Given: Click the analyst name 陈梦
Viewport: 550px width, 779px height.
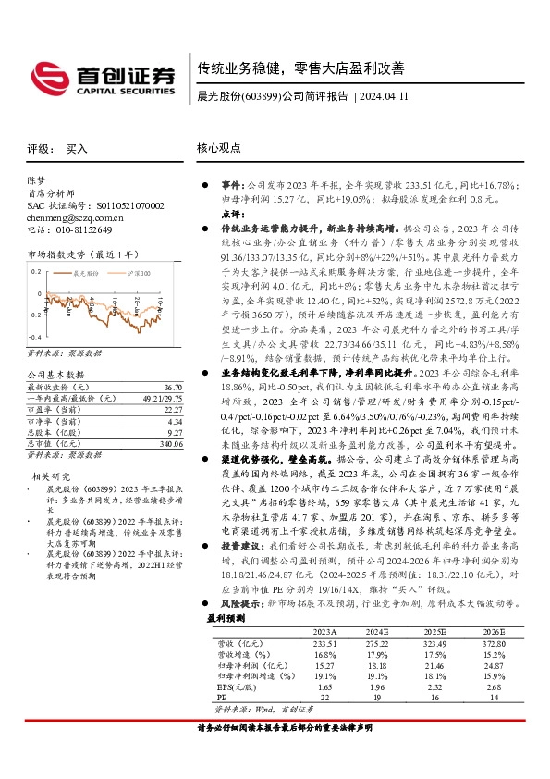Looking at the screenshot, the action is (36, 181).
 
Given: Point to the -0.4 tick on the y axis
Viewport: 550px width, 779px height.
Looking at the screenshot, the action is (34, 339).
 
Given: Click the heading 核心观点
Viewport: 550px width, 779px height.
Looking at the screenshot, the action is (219, 148).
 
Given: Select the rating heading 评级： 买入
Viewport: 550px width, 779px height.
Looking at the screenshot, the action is (58, 148).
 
